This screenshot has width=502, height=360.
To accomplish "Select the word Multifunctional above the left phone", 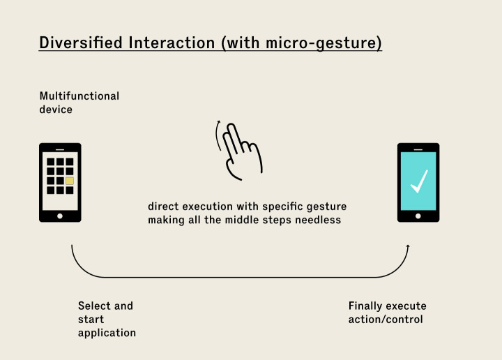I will pyautogui.click(x=79, y=96).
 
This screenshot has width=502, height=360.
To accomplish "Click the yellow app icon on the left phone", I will pyautogui.click(x=70, y=181).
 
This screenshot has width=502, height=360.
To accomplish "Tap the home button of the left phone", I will pyautogui.click(x=60, y=216).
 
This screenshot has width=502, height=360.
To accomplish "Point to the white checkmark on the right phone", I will pyautogui.click(x=418, y=181).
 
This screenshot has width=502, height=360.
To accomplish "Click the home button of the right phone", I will pyautogui.click(x=418, y=216).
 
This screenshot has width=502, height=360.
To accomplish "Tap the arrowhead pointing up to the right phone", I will pyautogui.click(x=408, y=246).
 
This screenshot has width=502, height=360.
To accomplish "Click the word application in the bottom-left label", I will pyautogui.click(x=107, y=333).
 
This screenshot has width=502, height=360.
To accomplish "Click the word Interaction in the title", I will pyautogui.click(x=174, y=43).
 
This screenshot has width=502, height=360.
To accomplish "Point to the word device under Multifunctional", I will pyautogui.click(x=56, y=110).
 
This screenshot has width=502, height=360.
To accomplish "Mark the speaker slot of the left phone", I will pyautogui.click(x=60, y=149).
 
